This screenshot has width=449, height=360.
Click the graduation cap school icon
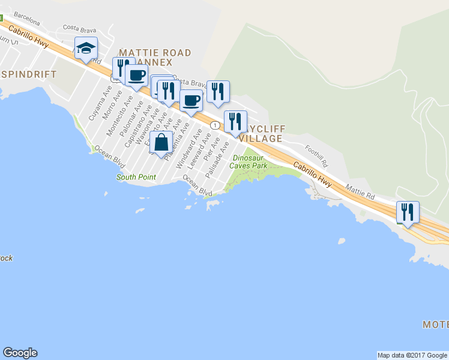[x=86, y=48]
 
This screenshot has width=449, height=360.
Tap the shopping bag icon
[x=161, y=143]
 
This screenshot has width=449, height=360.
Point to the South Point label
[x=136, y=177]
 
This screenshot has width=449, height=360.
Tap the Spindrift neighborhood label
[x=28, y=74]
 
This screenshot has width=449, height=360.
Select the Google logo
[x=20, y=353]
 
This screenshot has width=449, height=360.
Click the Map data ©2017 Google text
[x=412, y=355]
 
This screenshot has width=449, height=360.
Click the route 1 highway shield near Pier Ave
[x=214, y=125]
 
